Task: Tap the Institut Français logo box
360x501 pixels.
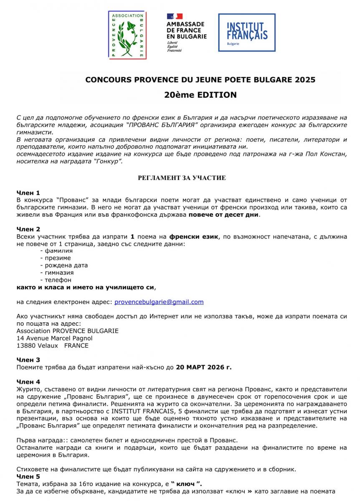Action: pyautogui.click(x=246, y=33)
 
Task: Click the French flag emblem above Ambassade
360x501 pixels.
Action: pyautogui.click(x=175, y=16)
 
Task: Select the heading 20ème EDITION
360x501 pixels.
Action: pyautogui.click(x=200, y=95)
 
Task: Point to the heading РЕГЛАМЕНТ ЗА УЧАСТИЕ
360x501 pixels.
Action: pyautogui.click(x=182, y=178)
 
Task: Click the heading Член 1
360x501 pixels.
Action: pyautogui.click(x=28, y=192)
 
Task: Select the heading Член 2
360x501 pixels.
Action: pyautogui.click(x=28, y=229)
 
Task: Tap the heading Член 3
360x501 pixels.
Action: pyautogui.click(x=28, y=359)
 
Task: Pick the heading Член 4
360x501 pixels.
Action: pyautogui.click(x=28, y=382)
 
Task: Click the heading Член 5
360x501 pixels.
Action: pyautogui.click(x=28, y=476)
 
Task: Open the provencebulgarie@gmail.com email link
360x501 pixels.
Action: pyautogui.click(x=159, y=301)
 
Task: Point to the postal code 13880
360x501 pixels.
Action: pyautogui.click(x=25, y=345)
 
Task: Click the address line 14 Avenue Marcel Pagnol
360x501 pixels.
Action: pyautogui.click(x=54, y=338)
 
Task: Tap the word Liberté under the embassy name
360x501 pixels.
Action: pyautogui.click(x=172, y=43)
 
